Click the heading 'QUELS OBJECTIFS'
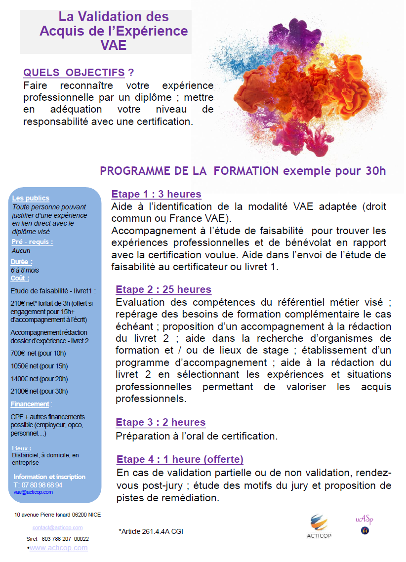pyautogui.click(x=74, y=73)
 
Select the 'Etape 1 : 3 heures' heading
pyautogui.click(x=156, y=194)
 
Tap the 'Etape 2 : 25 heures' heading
pyautogui.click(x=163, y=289)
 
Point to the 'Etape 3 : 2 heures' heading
pyautogui.click(x=161, y=422)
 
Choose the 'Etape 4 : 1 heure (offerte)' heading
pyautogui.click(x=180, y=459)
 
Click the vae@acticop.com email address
pyautogui.click(x=33, y=492)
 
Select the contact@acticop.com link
pyautogui.click(x=57, y=527)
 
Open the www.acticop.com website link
pyautogui.click(x=59, y=548)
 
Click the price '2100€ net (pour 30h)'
pyautogui.click(x=39, y=391)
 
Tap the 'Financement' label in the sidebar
pyautogui.click(x=30, y=404)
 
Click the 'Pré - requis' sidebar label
pyautogui.click(x=32, y=241)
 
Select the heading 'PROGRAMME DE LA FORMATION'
pyautogui.click(x=189, y=171)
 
